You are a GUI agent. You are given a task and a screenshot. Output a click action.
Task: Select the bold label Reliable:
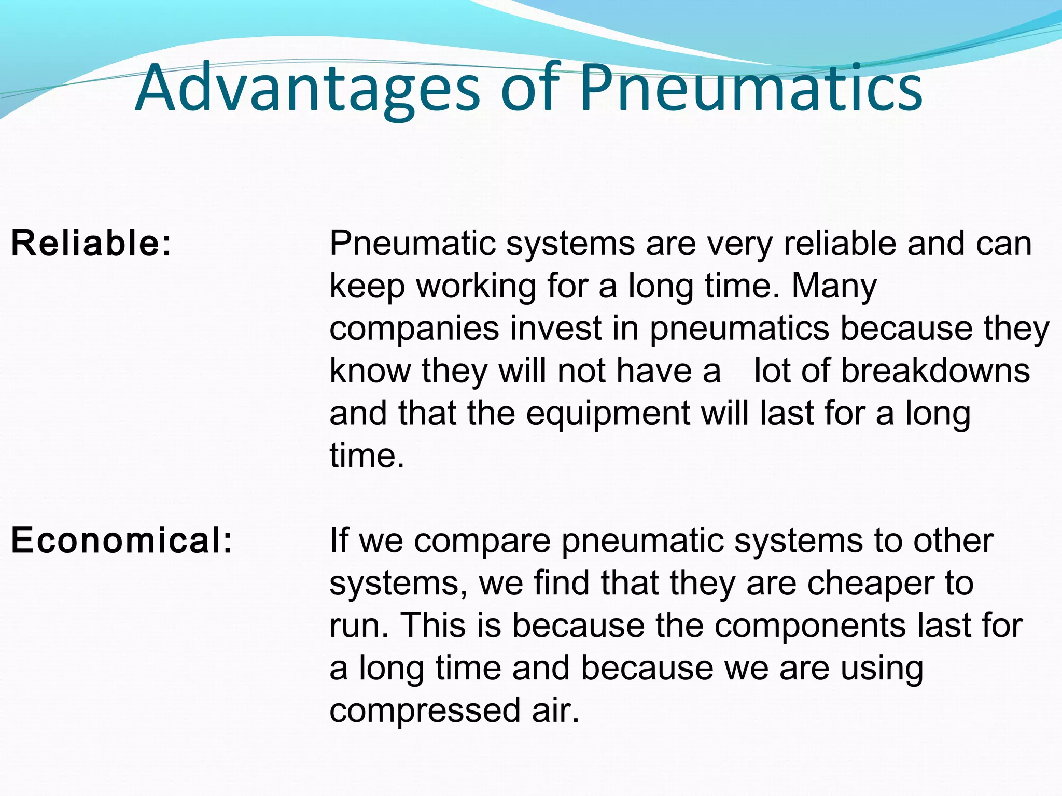(91, 243)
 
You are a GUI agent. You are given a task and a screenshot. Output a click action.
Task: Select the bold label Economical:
(122, 540)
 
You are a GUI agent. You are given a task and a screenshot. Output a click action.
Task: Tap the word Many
(834, 286)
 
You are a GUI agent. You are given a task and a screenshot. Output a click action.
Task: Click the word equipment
(608, 414)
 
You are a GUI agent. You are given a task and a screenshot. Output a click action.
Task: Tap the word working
(476, 287)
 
